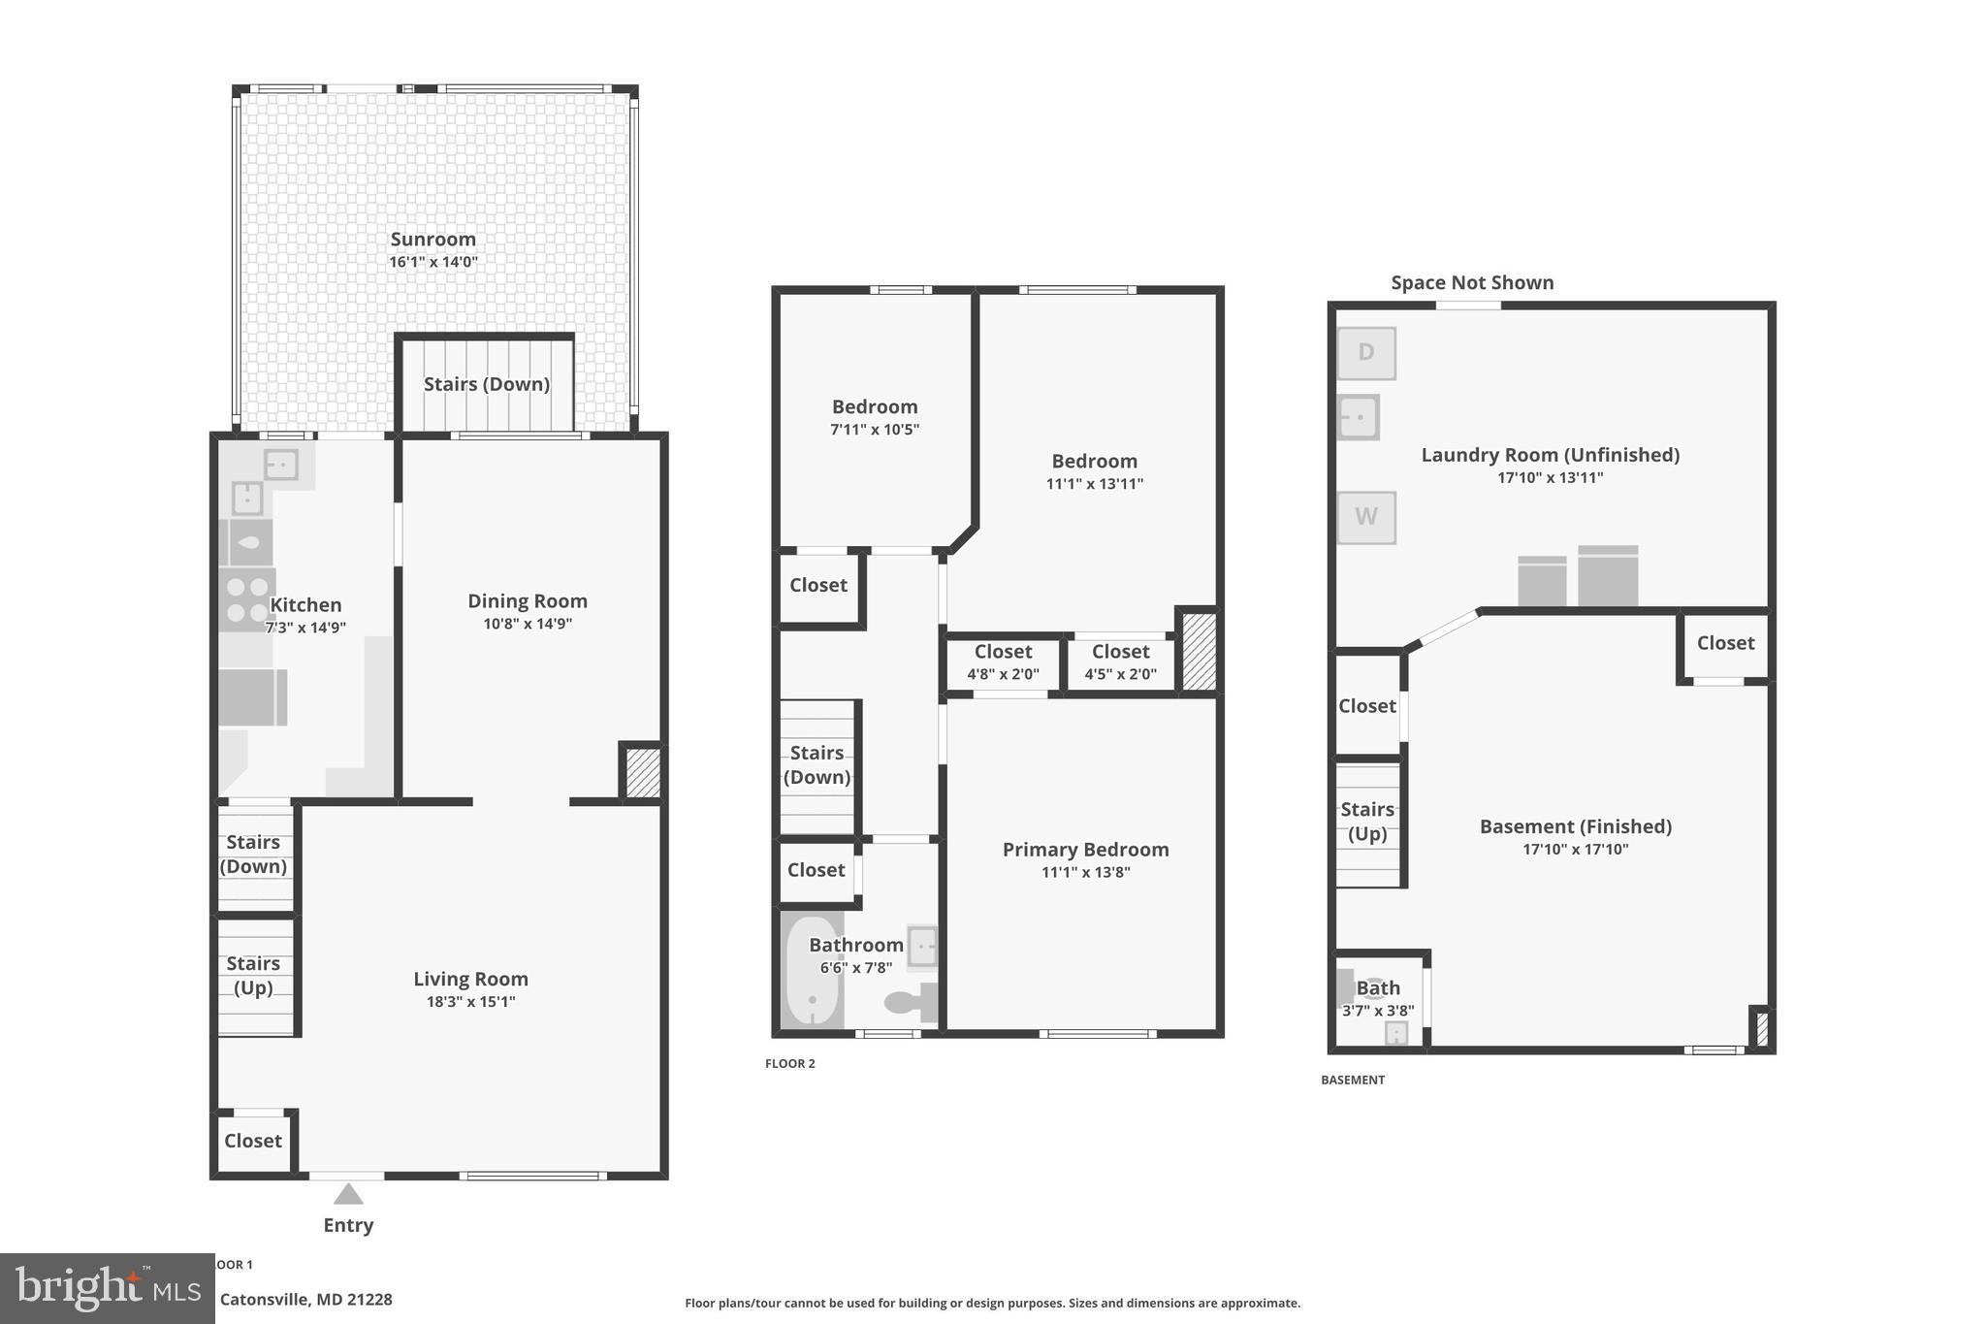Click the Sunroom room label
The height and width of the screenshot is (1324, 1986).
click(x=432, y=240)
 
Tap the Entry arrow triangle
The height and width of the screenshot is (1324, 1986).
click(x=348, y=1193)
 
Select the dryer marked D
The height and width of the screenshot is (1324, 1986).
click(x=1365, y=353)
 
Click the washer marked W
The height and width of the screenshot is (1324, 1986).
click(x=1365, y=517)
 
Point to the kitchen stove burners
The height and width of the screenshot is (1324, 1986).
click(x=246, y=599)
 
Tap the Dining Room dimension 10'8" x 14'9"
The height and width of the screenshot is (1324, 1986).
click(x=528, y=624)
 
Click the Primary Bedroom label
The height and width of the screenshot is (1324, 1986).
click(x=1085, y=850)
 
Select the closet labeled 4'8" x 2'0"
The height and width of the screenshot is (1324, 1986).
click(x=1003, y=662)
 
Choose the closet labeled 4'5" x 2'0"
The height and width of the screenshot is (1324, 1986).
click(x=1120, y=662)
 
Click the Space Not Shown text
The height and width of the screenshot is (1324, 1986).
click(x=1471, y=283)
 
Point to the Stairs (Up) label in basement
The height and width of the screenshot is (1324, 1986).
click(x=1367, y=822)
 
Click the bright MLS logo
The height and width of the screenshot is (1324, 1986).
click(x=107, y=1288)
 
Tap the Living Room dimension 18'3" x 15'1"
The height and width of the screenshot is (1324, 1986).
click(x=470, y=1002)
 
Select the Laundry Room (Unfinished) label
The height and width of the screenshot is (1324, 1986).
click(x=1550, y=455)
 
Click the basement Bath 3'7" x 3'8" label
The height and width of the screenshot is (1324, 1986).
click(x=1378, y=998)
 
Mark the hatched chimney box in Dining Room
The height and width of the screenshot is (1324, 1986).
click(x=642, y=772)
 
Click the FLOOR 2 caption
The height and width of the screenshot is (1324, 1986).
click(x=789, y=1064)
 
